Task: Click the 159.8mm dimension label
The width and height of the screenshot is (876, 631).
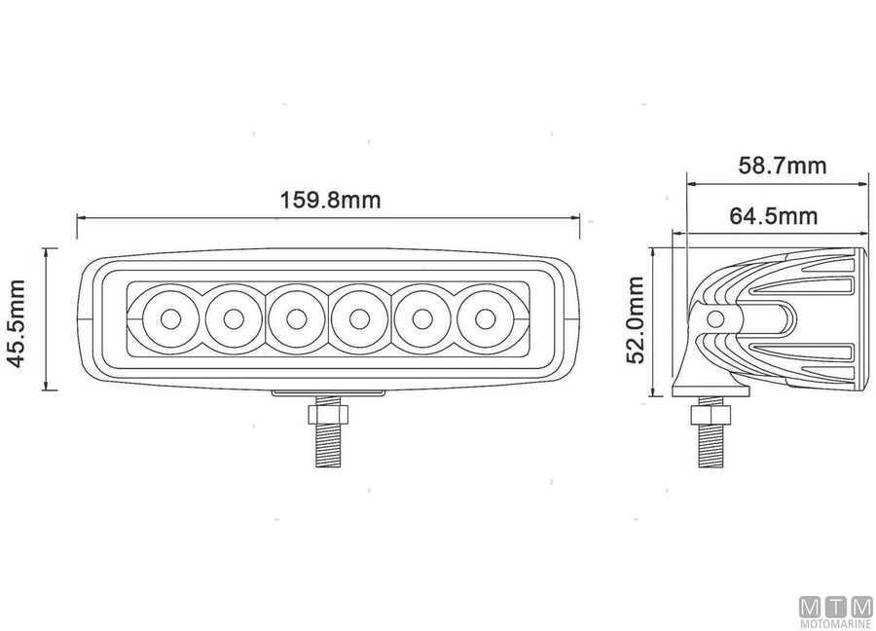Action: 330,200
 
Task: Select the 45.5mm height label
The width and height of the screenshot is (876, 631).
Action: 17,323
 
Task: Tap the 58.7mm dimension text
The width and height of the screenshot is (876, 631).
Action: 783,166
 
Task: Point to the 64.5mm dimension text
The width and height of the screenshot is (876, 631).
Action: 773,216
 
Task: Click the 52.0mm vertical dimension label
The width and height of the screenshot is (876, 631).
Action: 636,319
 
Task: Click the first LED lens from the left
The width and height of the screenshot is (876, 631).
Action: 170,319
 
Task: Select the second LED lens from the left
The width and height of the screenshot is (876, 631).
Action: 234,319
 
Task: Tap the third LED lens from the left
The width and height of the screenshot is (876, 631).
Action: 296,319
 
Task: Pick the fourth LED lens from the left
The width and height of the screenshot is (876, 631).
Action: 359,319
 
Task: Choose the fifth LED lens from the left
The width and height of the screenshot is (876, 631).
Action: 422,319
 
